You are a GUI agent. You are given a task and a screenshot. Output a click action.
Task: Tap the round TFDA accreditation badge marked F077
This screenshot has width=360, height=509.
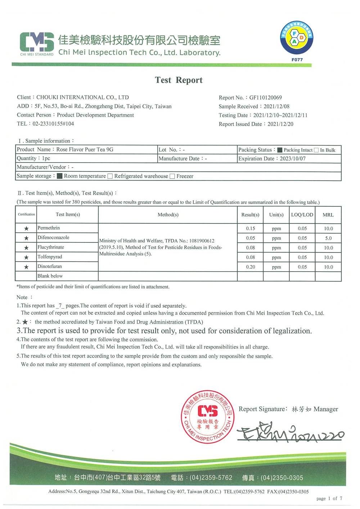click(x=297, y=38)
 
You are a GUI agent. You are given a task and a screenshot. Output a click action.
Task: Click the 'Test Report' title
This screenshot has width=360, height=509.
click(x=179, y=80)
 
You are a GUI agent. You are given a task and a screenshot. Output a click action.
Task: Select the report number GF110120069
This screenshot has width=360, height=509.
click(x=265, y=97)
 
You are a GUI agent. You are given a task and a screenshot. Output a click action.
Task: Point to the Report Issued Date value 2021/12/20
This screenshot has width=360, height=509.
click(x=280, y=124)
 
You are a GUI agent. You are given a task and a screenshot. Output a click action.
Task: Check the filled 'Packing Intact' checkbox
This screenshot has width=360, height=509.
click(x=280, y=150)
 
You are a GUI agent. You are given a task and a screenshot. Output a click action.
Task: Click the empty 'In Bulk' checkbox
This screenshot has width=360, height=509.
click(x=316, y=150)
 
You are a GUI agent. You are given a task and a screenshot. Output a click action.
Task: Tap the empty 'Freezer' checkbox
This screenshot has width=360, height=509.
click(x=172, y=176)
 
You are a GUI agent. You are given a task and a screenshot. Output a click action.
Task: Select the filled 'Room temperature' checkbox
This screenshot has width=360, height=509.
click(x=60, y=176)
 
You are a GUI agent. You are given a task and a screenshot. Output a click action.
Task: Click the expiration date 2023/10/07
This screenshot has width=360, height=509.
click(x=293, y=159)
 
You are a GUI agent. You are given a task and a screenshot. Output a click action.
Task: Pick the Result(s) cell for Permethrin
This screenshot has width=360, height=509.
click(x=250, y=228)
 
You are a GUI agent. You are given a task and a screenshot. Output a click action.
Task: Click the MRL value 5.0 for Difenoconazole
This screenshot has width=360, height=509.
click(x=328, y=238)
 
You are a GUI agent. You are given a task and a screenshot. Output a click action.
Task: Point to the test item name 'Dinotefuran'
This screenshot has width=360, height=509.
click(x=50, y=267)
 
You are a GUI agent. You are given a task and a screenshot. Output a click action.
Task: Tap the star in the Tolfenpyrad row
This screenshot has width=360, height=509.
click(x=26, y=257)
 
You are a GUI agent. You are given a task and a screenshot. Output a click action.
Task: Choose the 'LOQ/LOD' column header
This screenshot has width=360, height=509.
click(x=302, y=215)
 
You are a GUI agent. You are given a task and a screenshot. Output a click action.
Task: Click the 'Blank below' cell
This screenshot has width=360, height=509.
click(x=50, y=276)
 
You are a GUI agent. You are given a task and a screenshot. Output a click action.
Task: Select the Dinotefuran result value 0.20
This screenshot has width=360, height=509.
click(x=250, y=267)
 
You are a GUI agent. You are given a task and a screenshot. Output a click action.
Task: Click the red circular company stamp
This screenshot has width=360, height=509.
click(x=207, y=417)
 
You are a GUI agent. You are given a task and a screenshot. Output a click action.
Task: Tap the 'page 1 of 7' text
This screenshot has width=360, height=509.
click(x=329, y=499)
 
